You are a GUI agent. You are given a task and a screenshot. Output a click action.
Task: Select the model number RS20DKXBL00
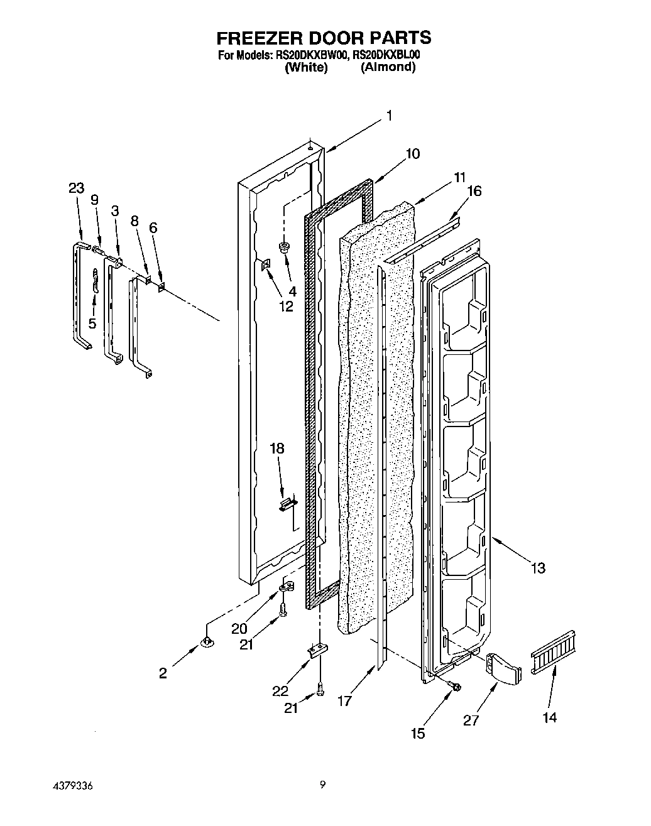pyautogui.click(x=386, y=55)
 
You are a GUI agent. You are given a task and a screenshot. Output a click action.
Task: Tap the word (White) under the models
pyautogui.click(x=306, y=68)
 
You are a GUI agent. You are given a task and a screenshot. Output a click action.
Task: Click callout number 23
pyautogui.click(x=76, y=188)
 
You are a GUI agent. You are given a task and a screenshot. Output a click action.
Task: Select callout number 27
pyautogui.click(x=471, y=721)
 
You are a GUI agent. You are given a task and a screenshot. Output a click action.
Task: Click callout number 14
pyautogui.click(x=549, y=717)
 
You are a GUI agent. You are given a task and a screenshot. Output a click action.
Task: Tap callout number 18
pyautogui.click(x=276, y=448)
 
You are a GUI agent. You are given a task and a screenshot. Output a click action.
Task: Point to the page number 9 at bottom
pyautogui.click(x=322, y=784)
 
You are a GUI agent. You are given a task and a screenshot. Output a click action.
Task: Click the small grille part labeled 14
pyautogui.click(x=554, y=652)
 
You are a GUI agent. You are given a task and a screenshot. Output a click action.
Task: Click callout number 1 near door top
pyautogui.click(x=389, y=116)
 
